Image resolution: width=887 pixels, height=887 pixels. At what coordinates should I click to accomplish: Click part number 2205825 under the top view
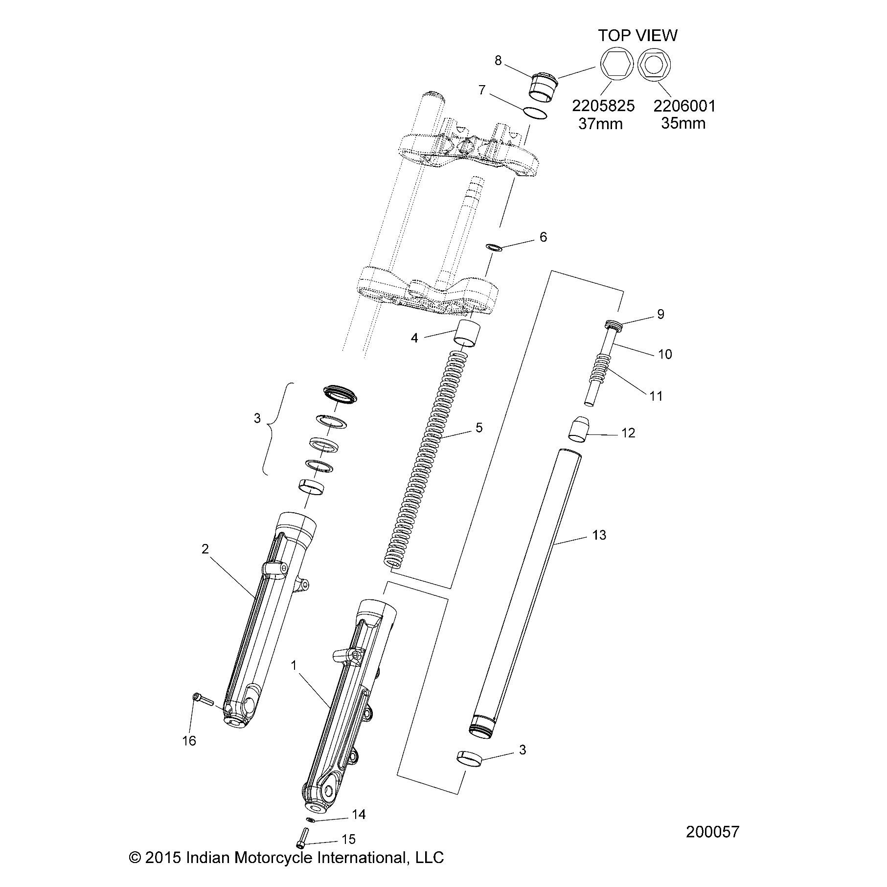tap(603, 106)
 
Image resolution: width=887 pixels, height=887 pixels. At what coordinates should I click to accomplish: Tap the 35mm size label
tap(683, 123)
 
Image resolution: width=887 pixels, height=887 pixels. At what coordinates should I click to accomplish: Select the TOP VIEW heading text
tap(638, 35)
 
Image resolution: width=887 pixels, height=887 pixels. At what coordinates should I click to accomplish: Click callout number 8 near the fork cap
tap(498, 61)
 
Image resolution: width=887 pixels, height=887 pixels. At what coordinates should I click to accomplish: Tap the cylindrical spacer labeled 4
tap(467, 334)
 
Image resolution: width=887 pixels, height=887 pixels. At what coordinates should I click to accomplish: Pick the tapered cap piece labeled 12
tap(577, 429)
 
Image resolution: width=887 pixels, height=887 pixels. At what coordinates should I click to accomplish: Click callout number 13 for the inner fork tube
tap(599, 535)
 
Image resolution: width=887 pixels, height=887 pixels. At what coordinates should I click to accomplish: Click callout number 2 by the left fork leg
tap(205, 549)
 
